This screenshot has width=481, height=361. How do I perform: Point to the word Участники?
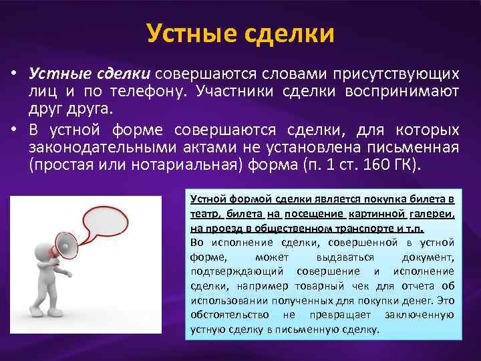(x=222, y=91)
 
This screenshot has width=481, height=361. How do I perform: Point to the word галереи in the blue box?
(x=434, y=213)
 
